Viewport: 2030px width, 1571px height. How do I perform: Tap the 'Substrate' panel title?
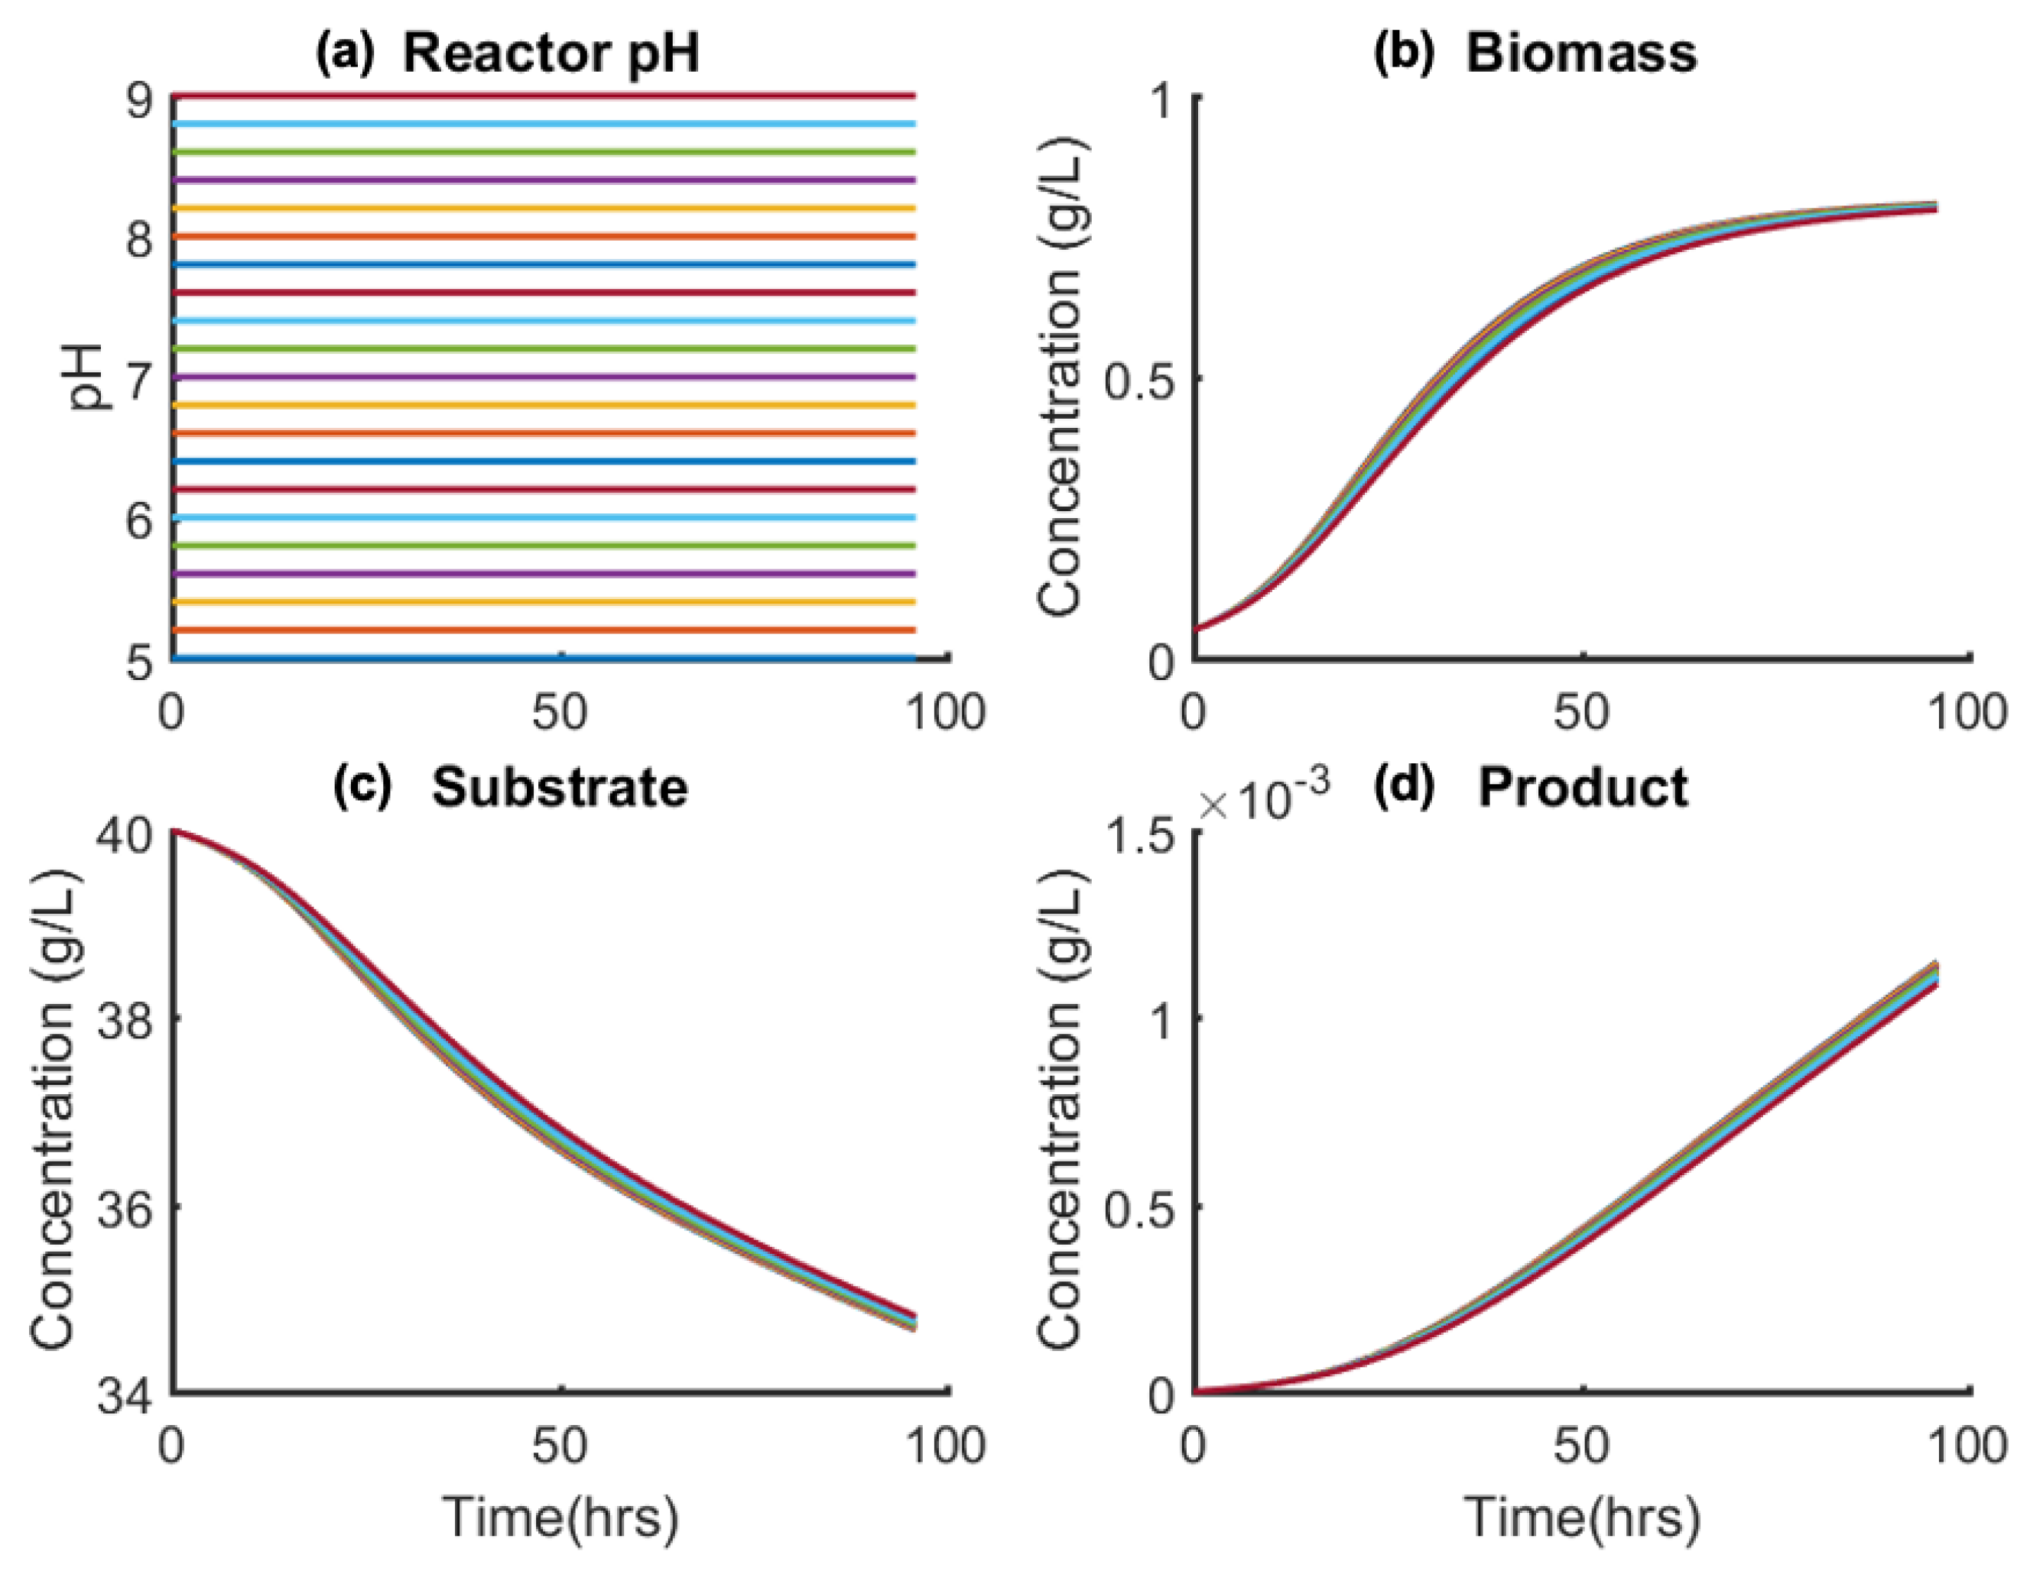tap(559, 788)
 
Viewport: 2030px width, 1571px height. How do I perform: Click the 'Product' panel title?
tap(1582, 788)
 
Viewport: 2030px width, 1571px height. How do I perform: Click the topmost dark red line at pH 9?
tap(544, 96)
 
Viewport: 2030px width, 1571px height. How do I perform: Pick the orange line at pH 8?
tap(544, 237)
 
